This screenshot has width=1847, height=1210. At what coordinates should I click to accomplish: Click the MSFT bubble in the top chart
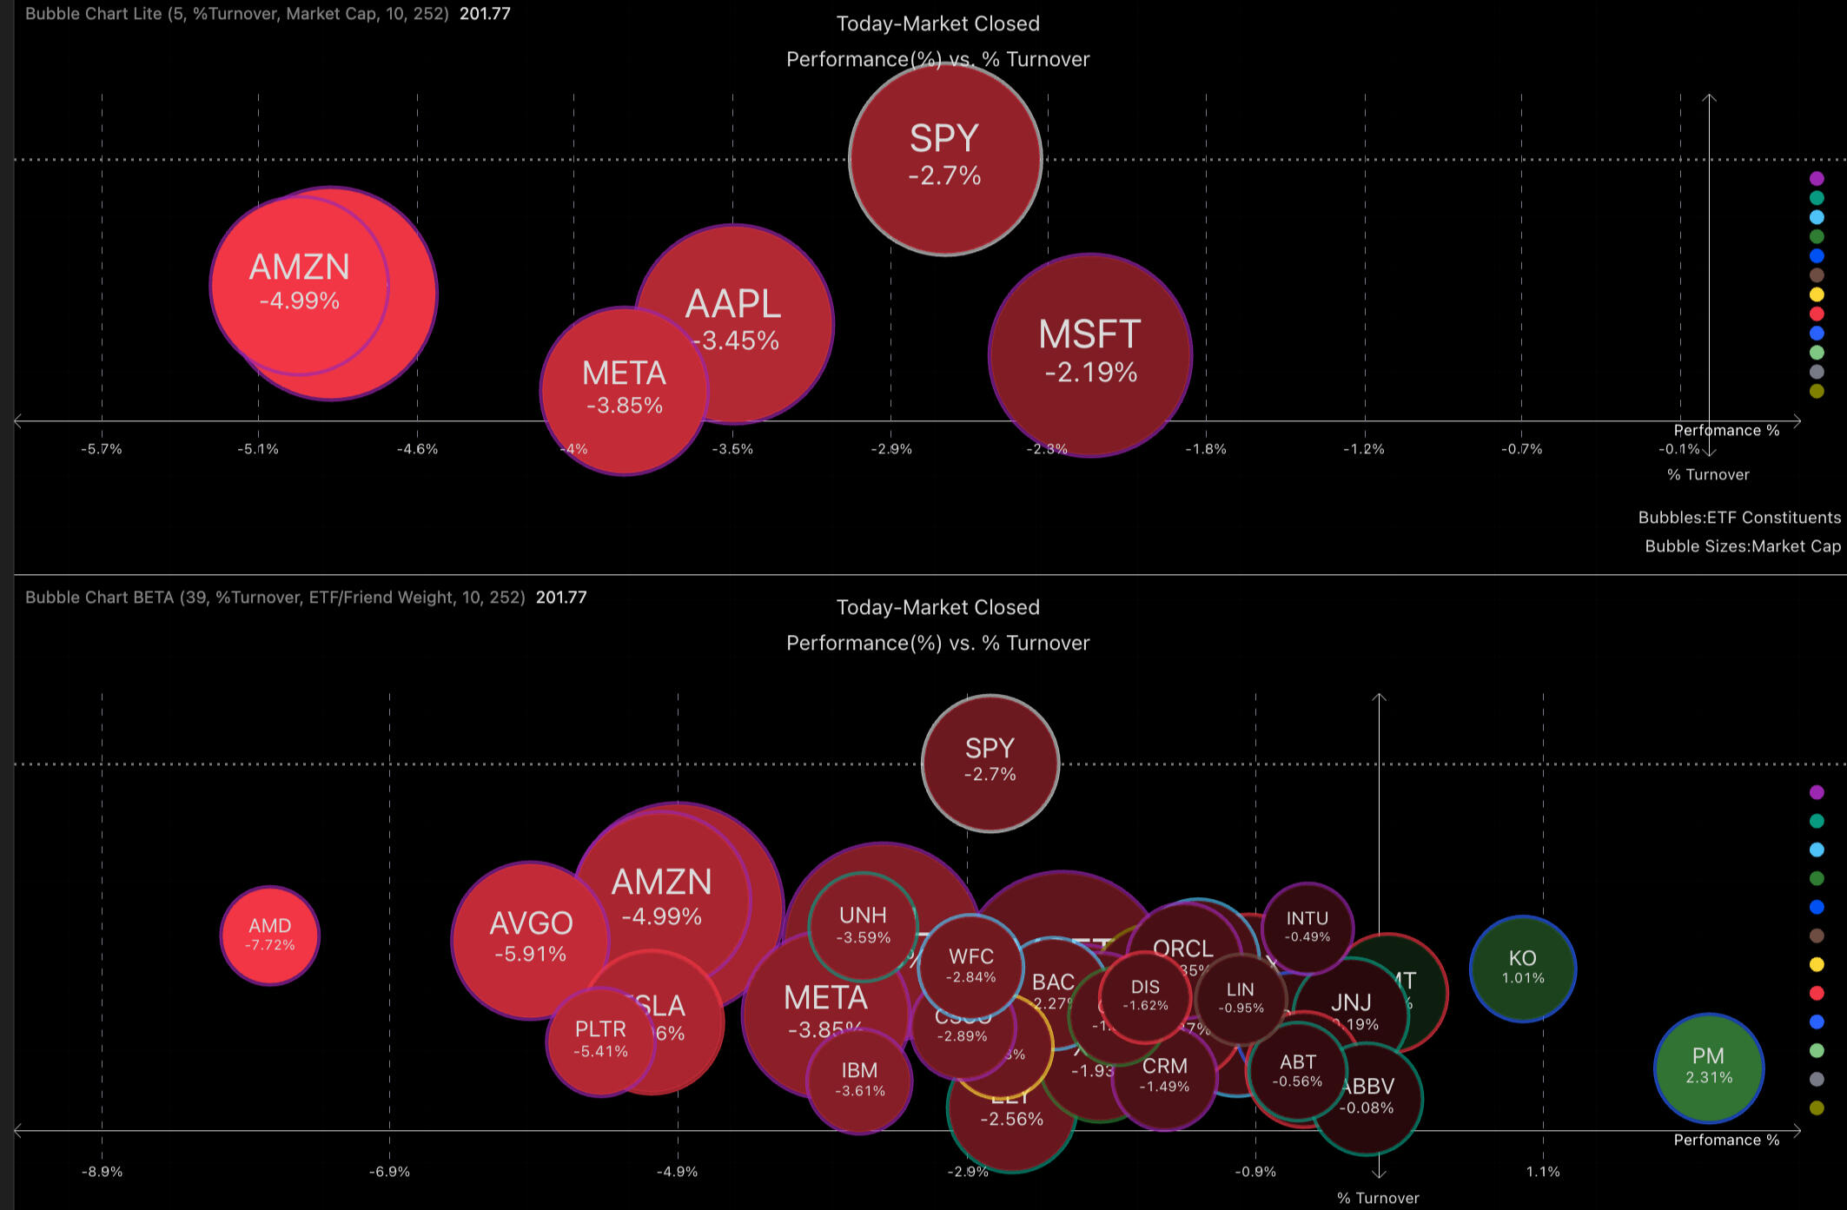[1090, 354]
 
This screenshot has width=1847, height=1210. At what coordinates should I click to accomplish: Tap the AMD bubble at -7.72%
[270, 935]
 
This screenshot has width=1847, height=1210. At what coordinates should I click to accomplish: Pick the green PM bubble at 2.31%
[1708, 1067]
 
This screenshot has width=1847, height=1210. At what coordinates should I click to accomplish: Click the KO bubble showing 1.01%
[1522, 968]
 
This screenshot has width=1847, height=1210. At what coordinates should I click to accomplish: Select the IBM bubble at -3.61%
[859, 1080]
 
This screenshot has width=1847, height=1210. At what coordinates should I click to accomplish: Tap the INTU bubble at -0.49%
[1307, 926]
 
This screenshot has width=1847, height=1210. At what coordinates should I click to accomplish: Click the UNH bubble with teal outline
[862, 926]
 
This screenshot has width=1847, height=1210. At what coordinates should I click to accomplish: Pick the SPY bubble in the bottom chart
[990, 762]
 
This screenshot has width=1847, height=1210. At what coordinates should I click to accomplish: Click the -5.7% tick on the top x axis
[102, 449]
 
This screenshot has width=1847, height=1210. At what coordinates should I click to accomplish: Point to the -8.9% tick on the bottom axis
[102, 1172]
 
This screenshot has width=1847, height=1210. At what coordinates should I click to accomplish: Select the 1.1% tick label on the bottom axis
[1543, 1172]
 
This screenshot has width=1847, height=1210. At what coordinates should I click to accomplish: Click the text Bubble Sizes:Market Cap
[1742, 546]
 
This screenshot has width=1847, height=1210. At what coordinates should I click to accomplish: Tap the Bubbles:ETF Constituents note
[1738, 518]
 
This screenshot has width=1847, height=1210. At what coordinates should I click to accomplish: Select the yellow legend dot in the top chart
[1817, 294]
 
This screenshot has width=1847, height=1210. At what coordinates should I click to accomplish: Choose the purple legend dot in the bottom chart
[1817, 792]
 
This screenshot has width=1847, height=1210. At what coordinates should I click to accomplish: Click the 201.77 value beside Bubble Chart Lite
[485, 14]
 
